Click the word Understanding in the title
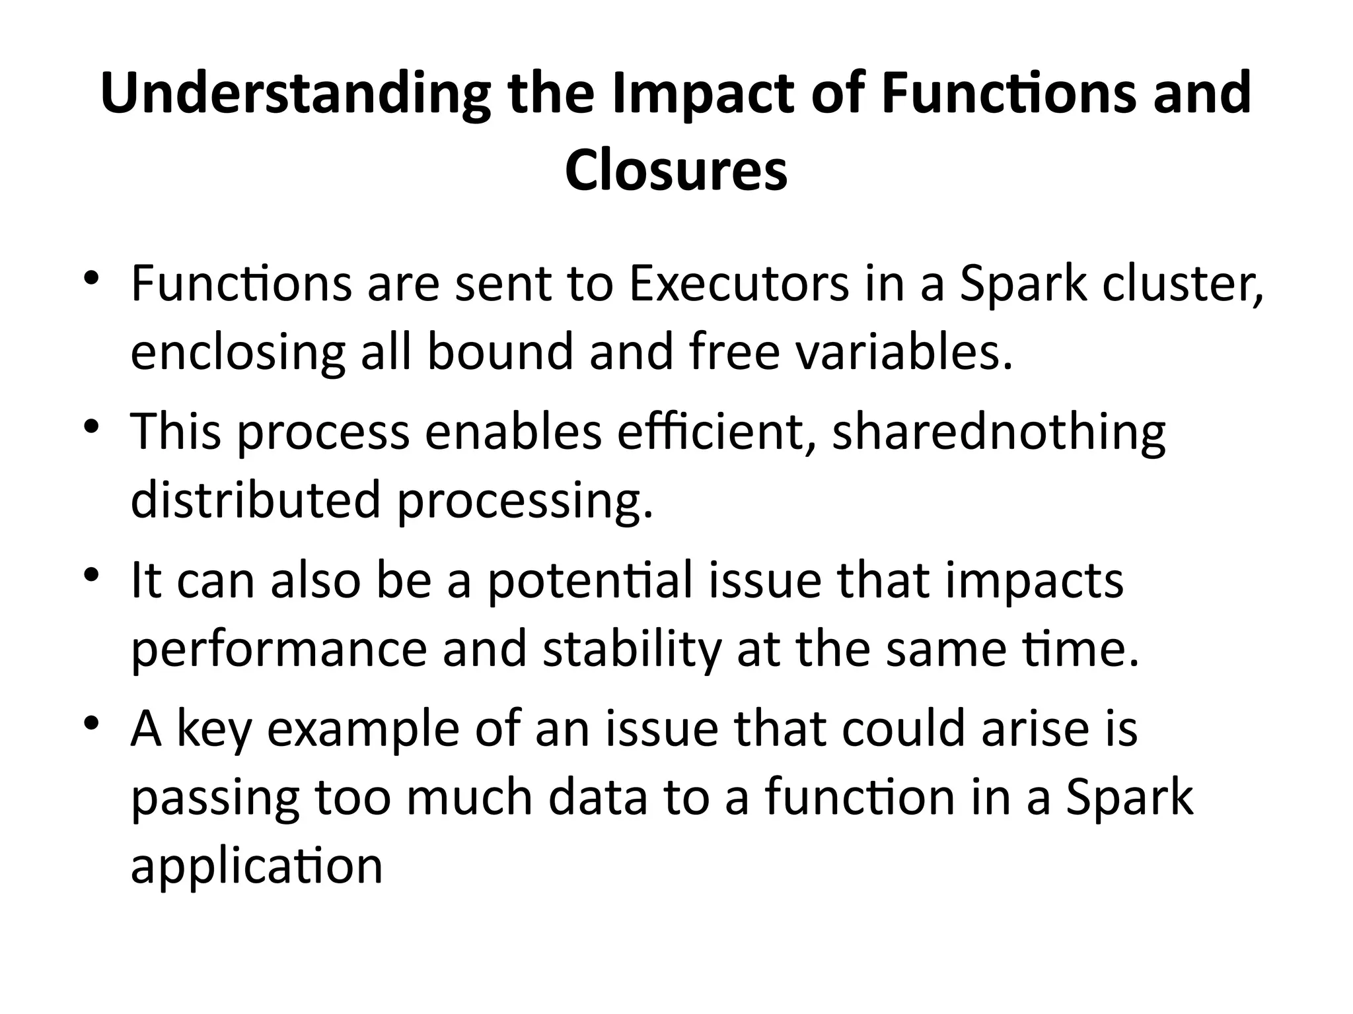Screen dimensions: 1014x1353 [x=295, y=94]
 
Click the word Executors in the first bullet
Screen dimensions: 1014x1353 [x=739, y=285]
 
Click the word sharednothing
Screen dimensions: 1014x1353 [x=998, y=432]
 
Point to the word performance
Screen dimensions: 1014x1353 [x=279, y=650]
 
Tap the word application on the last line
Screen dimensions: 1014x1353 [x=257, y=865]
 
